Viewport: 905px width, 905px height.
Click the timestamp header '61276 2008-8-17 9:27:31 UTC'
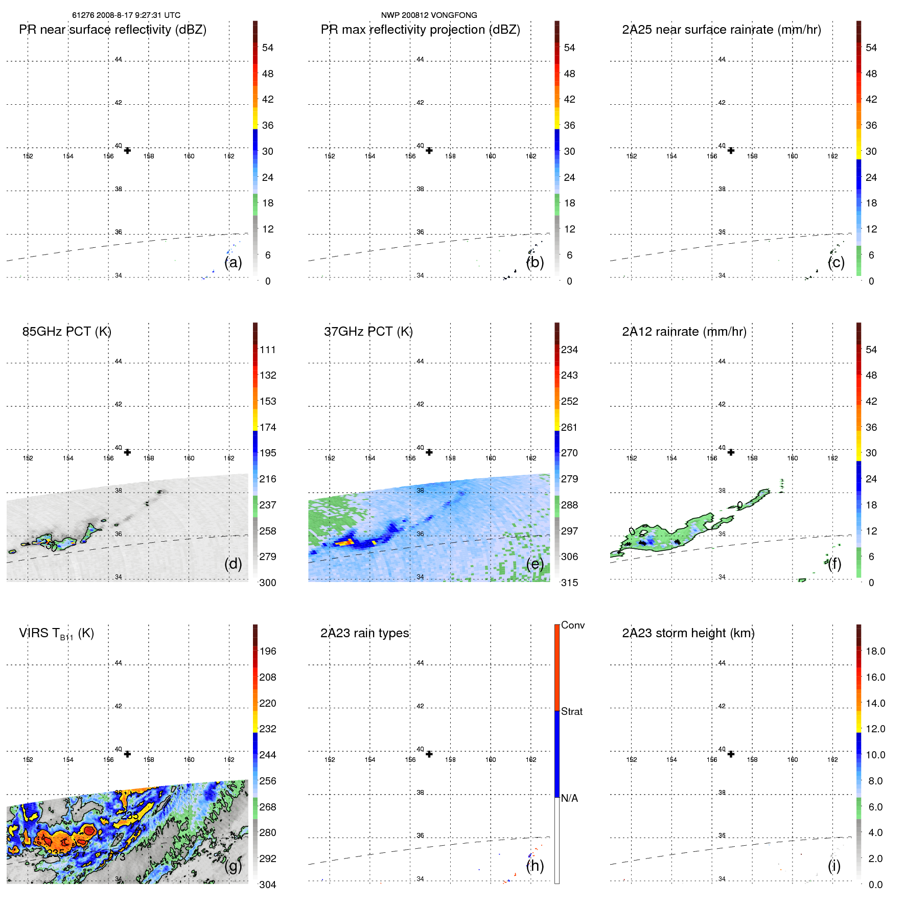[126, 15]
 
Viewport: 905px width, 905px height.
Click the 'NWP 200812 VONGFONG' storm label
[429, 15]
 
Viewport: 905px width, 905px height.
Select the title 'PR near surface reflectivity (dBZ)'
[113, 30]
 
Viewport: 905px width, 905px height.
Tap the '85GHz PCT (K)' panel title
[67, 332]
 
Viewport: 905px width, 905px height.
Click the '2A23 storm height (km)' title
[688, 633]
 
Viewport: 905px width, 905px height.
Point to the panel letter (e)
[535, 564]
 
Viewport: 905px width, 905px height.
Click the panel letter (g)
[233, 866]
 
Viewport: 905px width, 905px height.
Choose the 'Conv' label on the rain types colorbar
[572, 625]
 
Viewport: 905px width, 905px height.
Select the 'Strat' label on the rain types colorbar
[571, 712]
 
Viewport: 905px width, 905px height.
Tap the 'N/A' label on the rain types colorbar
[569, 798]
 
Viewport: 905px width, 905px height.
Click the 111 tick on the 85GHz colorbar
[267, 350]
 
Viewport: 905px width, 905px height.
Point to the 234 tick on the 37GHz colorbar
[569, 350]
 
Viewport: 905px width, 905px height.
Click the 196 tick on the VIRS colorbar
[267, 652]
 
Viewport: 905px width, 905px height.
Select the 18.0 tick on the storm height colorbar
[875, 652]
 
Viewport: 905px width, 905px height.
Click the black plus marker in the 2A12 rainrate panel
[731, 452]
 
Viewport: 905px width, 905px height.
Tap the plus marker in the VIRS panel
[127, 754]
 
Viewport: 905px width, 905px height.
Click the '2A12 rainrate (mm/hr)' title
[684, 332]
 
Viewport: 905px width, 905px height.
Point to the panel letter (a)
[233, 262]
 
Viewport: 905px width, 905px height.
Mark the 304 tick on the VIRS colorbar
[267, 885]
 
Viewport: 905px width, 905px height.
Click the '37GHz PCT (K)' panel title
[368, 332]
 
